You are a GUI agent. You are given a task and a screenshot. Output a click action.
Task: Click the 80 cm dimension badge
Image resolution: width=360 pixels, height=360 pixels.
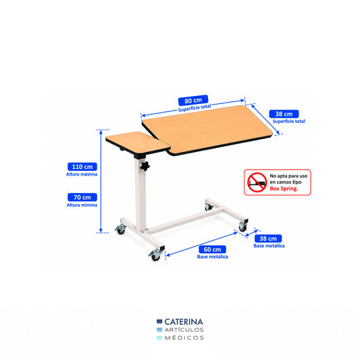(193, 101)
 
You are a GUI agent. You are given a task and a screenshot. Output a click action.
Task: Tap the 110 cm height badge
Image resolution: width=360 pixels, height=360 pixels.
(82, 167)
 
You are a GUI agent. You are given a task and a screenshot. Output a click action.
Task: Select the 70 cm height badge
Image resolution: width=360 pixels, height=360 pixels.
(82, 197)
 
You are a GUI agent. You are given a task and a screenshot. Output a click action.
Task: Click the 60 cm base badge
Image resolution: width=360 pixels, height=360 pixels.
(212, 249)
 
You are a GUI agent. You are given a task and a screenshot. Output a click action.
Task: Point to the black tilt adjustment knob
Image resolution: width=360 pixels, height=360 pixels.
(145, 166)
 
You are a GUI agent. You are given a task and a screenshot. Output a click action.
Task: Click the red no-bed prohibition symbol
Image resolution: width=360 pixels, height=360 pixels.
(257, 182)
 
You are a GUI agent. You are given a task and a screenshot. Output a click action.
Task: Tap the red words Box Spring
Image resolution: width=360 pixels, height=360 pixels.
(284, 188)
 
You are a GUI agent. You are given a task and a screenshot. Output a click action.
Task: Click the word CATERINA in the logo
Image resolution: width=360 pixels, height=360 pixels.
(184, 322)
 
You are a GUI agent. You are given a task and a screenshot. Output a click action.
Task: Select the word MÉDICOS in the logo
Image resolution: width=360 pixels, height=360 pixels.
(184, 338)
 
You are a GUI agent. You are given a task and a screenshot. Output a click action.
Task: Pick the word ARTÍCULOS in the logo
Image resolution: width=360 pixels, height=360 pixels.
(184, 330)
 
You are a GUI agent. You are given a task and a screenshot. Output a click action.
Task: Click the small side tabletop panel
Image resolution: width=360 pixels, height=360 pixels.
(138, 143)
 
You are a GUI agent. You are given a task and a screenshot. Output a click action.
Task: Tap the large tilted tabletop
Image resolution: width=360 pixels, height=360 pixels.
(207, 130)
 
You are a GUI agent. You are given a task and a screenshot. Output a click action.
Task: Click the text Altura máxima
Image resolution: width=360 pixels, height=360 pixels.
(82, 174)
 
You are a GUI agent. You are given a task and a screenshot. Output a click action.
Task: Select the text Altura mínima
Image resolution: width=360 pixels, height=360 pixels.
(82, 205)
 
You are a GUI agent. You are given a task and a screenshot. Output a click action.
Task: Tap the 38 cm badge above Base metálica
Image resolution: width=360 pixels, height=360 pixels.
(268, 238)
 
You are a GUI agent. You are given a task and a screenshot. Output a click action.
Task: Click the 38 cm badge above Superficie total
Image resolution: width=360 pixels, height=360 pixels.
(284, 114)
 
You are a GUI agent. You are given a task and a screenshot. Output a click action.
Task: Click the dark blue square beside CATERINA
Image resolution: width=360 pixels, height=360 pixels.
(159, 322)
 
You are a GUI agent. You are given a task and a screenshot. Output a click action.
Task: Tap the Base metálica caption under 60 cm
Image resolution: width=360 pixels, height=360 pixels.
(212, 257)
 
